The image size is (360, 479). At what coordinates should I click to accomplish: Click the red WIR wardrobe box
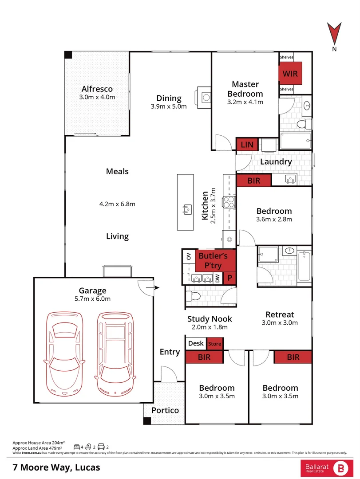coord(290,73)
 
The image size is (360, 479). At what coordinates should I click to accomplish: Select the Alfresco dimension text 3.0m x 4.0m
coord(97,97)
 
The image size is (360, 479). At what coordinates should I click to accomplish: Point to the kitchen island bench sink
coord(186,208)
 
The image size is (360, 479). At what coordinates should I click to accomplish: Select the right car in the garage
coord(115,353)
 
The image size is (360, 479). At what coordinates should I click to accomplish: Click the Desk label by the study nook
coord(196,343)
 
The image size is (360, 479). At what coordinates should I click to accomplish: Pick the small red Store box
coord(214,344)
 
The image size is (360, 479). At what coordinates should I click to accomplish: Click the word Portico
coord(165,410)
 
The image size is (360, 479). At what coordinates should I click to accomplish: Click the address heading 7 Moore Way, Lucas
coord(56,467)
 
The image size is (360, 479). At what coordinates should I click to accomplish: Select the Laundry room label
coord(276,162)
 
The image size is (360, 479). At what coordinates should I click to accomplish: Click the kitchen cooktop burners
coord(229,202)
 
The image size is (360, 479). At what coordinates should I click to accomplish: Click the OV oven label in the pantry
coord(188,256)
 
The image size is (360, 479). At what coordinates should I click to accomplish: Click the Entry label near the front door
coord(170,352)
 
